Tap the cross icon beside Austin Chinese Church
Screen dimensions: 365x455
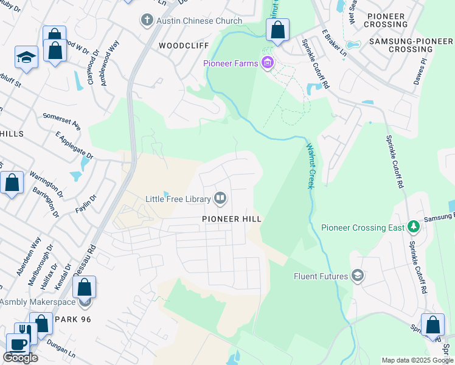pos(147,21)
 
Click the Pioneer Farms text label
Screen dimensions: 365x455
pos(231,63)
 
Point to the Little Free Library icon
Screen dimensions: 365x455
pos(220,198)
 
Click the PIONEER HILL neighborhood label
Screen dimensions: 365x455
pos(232,219)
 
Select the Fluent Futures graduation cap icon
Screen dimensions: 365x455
pos(358,276)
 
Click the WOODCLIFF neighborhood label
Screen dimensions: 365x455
pos(183,46)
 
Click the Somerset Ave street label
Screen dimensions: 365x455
pos(61,121)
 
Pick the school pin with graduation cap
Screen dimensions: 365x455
pos(26,58)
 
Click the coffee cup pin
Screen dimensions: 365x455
pos(17,344)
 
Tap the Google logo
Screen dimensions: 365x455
pos(20,358)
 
